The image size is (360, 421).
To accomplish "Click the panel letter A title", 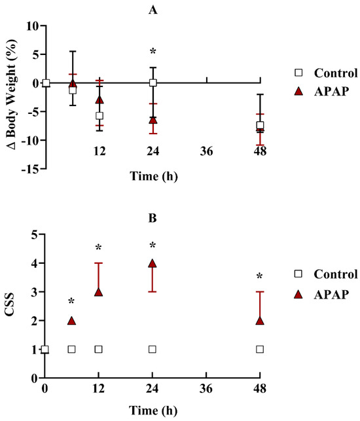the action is click(153, 10).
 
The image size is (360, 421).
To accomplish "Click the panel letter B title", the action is click(153, 218).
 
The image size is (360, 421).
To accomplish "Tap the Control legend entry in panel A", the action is click(326, 73).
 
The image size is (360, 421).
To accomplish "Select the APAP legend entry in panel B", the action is click(322, 295).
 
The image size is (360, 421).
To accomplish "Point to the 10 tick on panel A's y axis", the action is click(33, 26).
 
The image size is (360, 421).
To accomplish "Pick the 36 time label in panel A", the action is click(206, 151).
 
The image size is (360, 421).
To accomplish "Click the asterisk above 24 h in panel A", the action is click(153, 51).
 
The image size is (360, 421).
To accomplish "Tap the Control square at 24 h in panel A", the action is click(153, 82).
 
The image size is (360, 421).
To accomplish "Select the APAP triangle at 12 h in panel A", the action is click(99, 100).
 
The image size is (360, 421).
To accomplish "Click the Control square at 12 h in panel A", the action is click(99, 116).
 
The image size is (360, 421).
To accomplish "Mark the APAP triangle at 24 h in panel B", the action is click(153, 263).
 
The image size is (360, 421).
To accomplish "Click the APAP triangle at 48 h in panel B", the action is click(260, 321).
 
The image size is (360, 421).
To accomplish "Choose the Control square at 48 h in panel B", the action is click(260, 350).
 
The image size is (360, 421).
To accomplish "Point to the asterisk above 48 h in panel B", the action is click(259, 276).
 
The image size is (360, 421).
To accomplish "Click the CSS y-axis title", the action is click(10, 305).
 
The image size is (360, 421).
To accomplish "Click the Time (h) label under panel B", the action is click(153, 411).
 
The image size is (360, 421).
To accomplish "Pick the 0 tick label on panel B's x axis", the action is click(45, 388).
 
